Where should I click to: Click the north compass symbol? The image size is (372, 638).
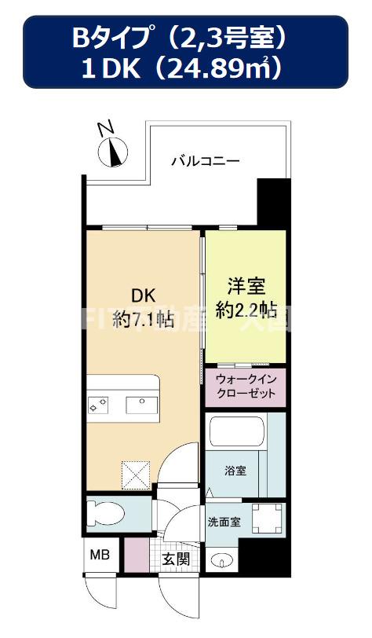116,150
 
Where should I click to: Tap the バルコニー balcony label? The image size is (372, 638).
206,161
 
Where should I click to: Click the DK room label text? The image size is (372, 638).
143,296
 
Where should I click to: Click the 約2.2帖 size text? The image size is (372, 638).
246,309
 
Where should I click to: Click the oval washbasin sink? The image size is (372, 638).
221,561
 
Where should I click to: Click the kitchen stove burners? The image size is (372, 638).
100,405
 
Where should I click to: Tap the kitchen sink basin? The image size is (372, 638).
143,405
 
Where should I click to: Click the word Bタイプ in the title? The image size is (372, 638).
104,36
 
